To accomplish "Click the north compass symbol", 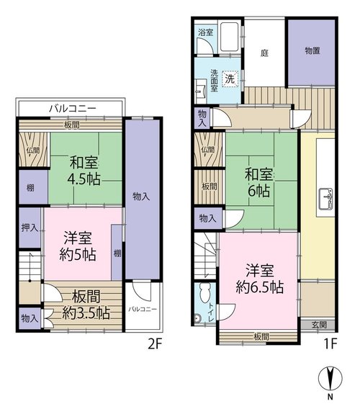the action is click(x=330, y=378).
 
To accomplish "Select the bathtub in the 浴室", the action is click(x=230, y=37).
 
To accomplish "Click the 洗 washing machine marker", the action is click(x=230, y=78).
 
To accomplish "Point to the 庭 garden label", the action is click(x=264, y=53).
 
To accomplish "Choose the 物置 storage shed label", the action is click(x=312, y=50).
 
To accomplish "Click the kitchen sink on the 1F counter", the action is click(x=326, y=198).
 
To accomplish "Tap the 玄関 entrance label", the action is click(x=319, y=325).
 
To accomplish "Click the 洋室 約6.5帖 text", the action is click(x=260, y=279).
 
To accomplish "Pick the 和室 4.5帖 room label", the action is click(x=84, y=171).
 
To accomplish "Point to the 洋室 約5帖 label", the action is click(x=78, y=246).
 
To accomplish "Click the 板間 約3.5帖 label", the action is click(x=86, y=305).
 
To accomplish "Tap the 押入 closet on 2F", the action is click(x=30, y=228).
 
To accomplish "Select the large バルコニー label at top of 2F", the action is click(x=73, y=108).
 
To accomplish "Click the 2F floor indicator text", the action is click(x=155, y=344).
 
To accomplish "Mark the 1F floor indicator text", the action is click(x=330, y=343).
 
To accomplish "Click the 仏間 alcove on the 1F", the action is click(x=208, y=149).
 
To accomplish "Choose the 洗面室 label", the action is click(x=214, y=81).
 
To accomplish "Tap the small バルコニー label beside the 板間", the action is click(x=143, y=310).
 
